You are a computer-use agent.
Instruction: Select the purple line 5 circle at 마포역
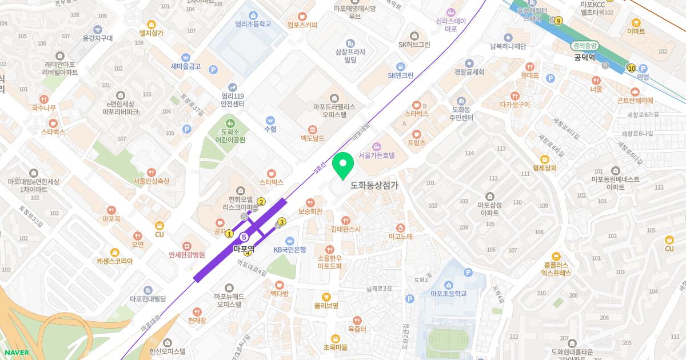[244, 237]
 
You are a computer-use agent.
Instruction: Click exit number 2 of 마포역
[261, 201]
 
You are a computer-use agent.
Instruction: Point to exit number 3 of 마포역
[281, 222]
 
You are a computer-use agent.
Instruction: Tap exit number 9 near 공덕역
[558, 21]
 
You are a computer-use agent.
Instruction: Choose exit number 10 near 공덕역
[631, 68]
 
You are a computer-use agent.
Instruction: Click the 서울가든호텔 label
[376, 155]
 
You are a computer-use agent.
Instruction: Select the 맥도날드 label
[312, 138]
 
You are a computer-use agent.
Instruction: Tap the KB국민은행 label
[289, 249]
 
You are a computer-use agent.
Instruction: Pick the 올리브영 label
[326, 305]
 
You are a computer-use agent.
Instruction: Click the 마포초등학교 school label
[449, 293]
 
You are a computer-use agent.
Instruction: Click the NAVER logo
[17, 353]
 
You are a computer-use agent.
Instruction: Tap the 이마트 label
[636, 31]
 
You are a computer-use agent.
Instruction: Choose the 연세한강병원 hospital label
[186, 254]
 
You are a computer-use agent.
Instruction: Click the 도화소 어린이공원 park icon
[230, 122]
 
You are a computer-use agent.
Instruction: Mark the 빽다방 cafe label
[280, 293]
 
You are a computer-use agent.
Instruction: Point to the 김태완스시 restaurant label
[345, 229]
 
